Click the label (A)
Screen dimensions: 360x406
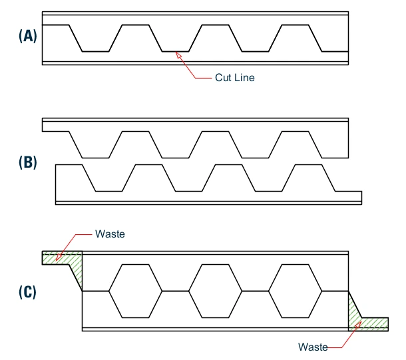[27, 37]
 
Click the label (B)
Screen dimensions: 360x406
[27, 162]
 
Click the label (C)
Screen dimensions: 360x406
[27, 291]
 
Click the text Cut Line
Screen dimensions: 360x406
[234, 77]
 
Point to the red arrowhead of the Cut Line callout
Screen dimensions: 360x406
[178, 55]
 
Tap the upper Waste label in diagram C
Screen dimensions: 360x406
[110, 234]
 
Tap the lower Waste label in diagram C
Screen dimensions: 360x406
[313, 347]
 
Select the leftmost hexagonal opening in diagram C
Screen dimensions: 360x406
[135, 291]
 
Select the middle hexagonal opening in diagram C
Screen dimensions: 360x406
[216, 291]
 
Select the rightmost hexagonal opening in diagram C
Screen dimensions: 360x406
[296, 291]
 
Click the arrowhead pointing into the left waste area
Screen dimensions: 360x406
[58, 258]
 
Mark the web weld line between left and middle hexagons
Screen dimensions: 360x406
[176, 291]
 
